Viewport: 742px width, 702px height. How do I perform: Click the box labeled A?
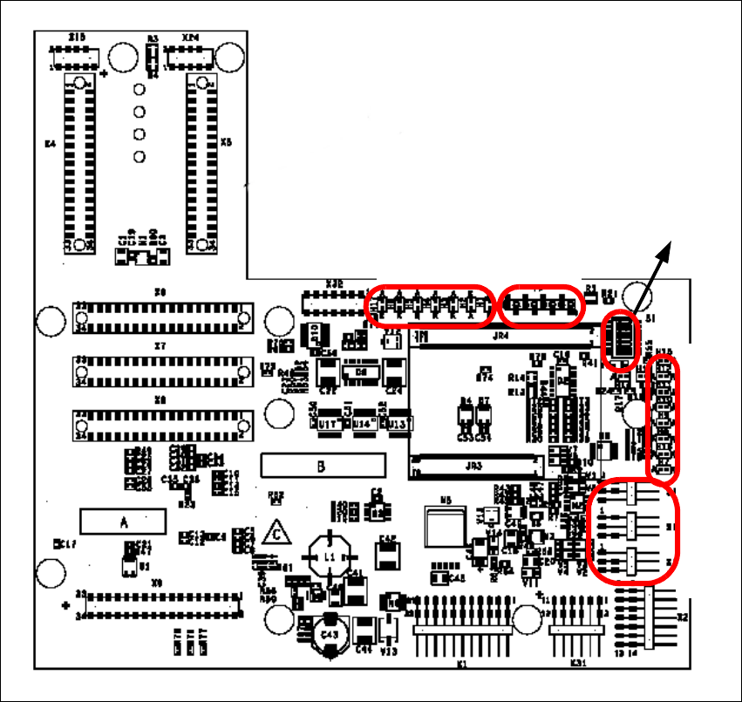(124, 521)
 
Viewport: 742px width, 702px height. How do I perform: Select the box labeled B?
(321, 466)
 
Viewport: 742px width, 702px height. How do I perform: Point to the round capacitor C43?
(329, 634)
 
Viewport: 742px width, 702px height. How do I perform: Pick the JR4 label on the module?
(500, 335)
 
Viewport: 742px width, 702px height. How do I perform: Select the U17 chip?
(328, 423)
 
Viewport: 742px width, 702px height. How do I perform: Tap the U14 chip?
(364, 423)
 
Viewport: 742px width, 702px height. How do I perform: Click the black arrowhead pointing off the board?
(664, 249)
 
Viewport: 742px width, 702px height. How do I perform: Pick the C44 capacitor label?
(364, 649)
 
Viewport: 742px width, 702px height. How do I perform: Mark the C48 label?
(455, 576)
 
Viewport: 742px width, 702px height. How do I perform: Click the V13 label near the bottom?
(390, 651)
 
